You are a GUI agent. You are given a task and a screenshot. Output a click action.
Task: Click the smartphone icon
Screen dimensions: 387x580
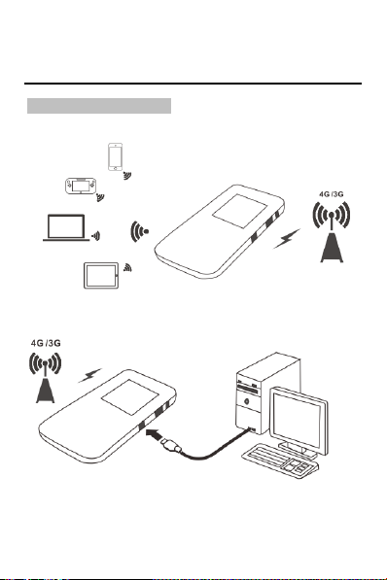click(115, 156)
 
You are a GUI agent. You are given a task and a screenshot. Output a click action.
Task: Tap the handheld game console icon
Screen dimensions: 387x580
click(81, 187)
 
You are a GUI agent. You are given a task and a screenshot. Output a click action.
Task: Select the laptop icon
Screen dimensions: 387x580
click(66, 228)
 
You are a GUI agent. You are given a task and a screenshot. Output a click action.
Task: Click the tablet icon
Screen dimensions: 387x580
click(101, 276)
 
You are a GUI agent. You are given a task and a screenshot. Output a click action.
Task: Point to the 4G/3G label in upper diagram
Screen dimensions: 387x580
click(331, 194)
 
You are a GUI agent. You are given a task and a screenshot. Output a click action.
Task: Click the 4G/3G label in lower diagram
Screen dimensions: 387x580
click(46, 343)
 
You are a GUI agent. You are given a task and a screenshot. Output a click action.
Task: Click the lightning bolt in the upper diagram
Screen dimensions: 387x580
click(287, 239)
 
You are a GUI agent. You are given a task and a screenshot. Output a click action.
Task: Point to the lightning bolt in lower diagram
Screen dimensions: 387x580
click(89, 375)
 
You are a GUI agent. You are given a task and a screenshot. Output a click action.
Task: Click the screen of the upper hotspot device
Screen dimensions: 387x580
click(239, 211)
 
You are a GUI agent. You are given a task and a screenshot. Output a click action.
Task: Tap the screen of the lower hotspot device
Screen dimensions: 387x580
click(130, 397)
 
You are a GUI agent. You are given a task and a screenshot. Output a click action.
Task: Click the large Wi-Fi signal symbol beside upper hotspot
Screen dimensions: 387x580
click(139, 232)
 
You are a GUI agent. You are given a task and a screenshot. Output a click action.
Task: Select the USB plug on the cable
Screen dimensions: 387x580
click(171, 445)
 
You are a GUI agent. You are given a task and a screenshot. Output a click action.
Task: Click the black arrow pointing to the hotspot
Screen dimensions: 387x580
click(154, 434)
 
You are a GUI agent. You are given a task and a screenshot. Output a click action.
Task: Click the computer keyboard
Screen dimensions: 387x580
click(280, 461)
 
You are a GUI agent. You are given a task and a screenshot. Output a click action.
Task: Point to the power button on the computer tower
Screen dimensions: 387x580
click(247, 400)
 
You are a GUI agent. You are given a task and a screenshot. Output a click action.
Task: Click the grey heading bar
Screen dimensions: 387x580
click(99, 106)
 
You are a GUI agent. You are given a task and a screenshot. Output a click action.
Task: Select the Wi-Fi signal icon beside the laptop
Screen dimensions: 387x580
click(96, 236)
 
